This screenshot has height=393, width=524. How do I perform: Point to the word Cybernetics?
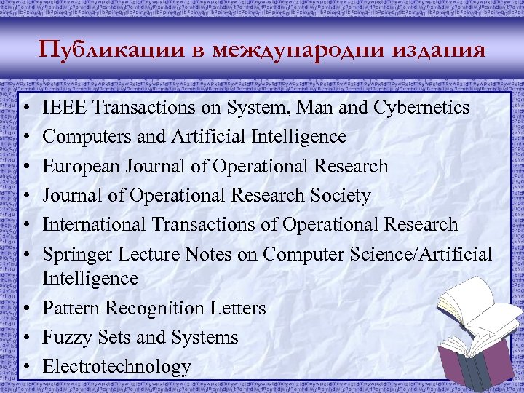coord(421,108)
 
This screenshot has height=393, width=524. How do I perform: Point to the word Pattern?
coord(71,308)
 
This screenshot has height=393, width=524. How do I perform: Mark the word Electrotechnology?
coord(116,366)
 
